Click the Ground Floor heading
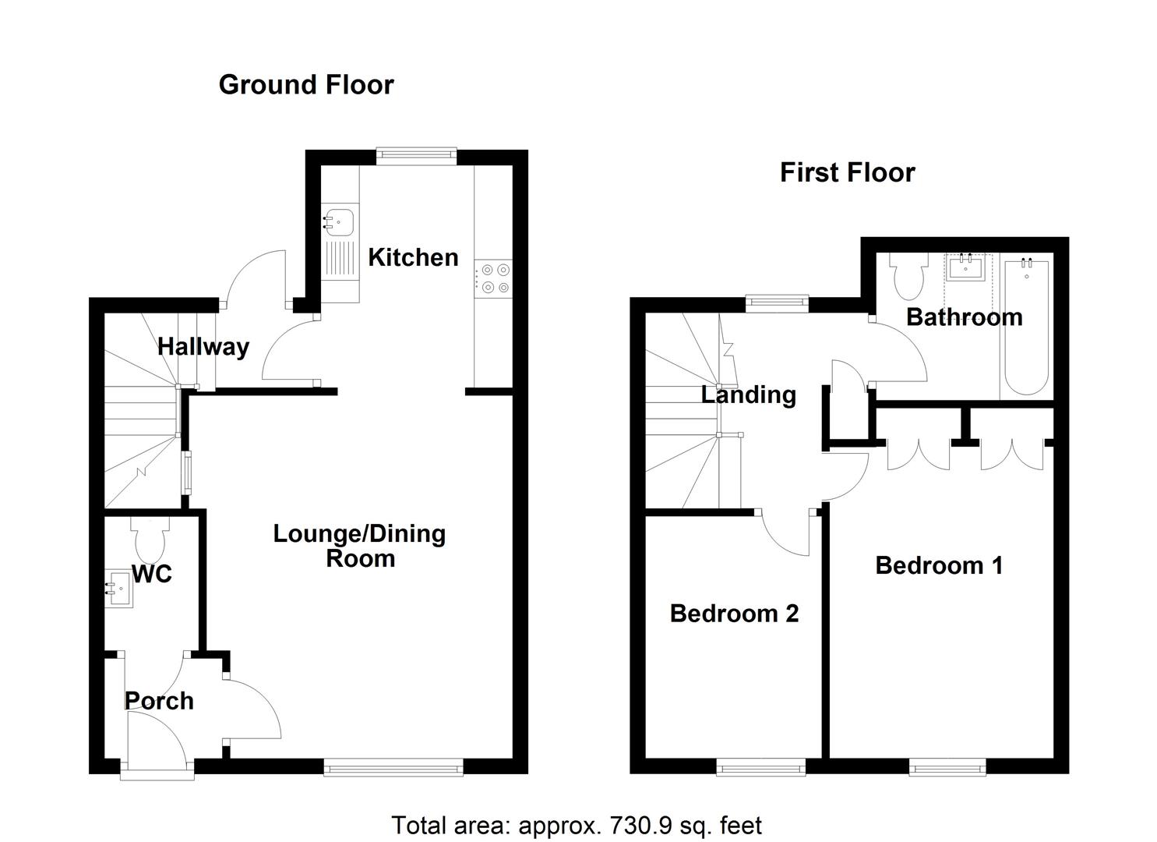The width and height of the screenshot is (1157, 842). [306, 84]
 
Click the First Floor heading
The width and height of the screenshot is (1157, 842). [847, 172]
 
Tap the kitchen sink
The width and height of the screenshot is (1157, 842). [339, 221]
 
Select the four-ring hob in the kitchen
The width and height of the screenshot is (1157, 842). [492, 278]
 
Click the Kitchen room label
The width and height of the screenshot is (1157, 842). [413, 257]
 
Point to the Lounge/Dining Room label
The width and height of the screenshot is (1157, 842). [359, 546]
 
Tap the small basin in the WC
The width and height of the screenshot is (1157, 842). [118, 589]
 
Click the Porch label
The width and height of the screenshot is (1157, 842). [159, 701]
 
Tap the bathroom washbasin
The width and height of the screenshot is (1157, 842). [966, 268]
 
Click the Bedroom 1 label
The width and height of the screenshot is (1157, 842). [939, 565]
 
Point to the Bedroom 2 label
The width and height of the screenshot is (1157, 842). [734, 614]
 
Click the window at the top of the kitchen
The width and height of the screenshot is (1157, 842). [416, 156]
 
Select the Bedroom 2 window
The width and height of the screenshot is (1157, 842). [760, 769]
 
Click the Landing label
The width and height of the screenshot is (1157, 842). [748, 394]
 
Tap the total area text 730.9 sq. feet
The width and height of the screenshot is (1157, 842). [577, 824]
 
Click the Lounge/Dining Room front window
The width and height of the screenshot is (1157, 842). [393, 769]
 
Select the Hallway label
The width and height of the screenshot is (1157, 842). [203, 346]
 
